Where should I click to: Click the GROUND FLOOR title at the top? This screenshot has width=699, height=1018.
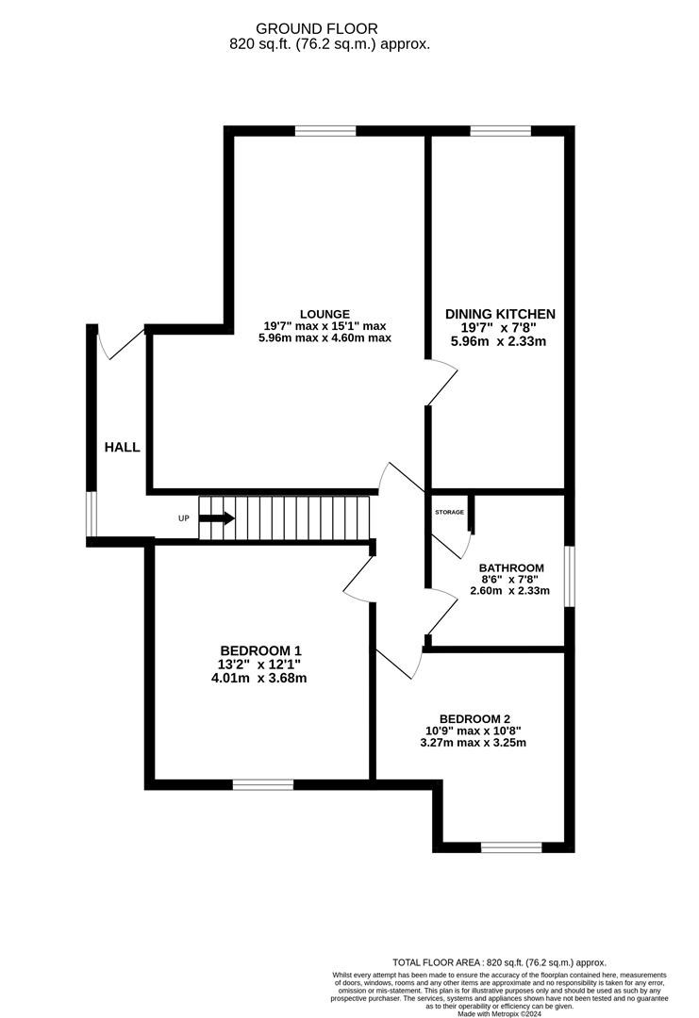(x=316, y=28)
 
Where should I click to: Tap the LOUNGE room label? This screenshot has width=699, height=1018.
(x=325, y=314)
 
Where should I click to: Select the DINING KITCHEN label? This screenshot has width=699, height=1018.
(x=500, y=314)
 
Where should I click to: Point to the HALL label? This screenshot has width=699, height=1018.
(x=122, y=447)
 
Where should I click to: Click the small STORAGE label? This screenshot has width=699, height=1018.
(x=450, y=512)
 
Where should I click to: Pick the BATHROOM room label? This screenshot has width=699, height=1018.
(x=511, y=568)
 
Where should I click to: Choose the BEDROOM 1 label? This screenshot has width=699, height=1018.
(x=260, y=650)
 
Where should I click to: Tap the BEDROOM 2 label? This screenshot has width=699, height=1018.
(x=474, y=718)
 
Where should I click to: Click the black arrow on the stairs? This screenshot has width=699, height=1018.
(x=217, y=518)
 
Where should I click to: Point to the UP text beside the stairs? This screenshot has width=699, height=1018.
(x=184, y=518)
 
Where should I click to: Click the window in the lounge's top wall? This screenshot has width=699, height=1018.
(x=325, y=130)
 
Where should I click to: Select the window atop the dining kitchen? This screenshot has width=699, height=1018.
(x=501, y=130)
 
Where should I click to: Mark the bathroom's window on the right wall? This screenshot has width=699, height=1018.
(x=570, y=577)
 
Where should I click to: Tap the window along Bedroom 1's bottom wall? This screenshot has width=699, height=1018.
(x=263, y=784)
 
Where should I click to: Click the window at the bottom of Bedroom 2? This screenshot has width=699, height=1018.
(x=511, y=847)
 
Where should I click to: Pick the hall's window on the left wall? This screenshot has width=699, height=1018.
(x=92, y=515)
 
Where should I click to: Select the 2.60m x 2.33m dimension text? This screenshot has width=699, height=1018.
(x=510, y=591)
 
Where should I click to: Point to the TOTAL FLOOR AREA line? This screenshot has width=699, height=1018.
(x=499, y=962)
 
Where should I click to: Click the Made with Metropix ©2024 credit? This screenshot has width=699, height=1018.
(x=499, y=1013)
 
